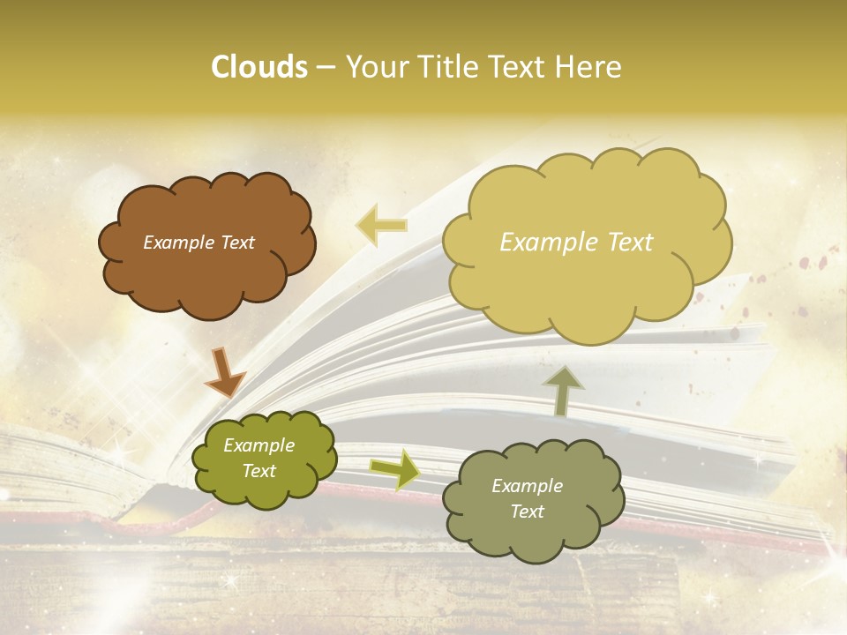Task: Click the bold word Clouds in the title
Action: [259, 67]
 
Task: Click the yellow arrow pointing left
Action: [381, 225]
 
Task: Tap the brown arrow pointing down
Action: [223, 371]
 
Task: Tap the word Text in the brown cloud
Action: [236, 243]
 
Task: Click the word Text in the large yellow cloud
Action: [630, 243]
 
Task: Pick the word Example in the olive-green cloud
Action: [259, 446]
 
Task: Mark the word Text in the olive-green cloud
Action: [259, 471]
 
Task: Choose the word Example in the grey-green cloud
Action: [527, 486]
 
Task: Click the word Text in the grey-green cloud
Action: [527, 512]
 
